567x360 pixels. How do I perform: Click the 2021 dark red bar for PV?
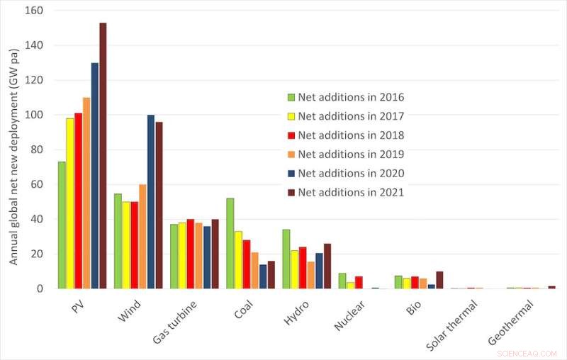pyautogui.click(x=103, y=156)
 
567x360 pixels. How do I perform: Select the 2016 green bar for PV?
pyautogui.click(x=62, y=225)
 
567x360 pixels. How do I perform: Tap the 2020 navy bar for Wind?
pyautogui.click(x=151, y=202)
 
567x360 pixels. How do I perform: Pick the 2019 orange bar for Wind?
pyautogui.click(x=142, y=237)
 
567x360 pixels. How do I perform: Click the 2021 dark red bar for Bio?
pyautogui.click(x=439, y=280)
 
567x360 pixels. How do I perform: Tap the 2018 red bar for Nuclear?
pyautogui.click(x=359, y=282)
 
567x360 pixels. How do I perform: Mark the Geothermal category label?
pyautogui.click(x=512, y=322)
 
